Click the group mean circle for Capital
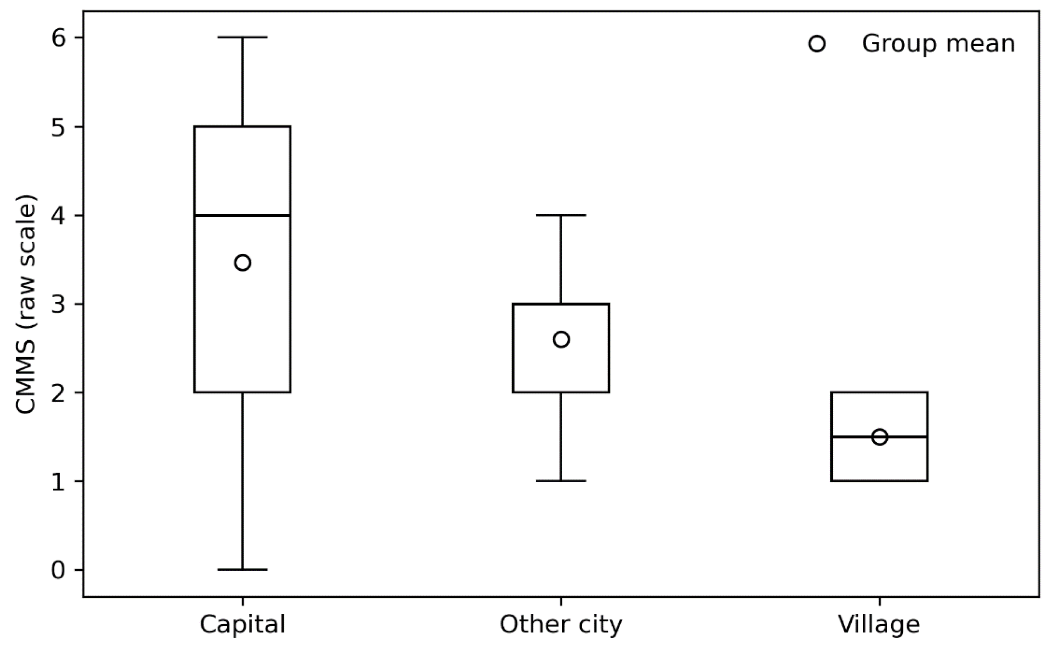[242, 263]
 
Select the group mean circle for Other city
[561, 340]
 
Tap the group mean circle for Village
[879, 437]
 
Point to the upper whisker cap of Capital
[242, 38]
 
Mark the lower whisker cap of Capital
[242, 569]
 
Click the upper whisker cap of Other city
[561, 215]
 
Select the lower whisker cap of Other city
[561, 481]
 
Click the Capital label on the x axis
[242, 625]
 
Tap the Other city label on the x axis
[561, 625]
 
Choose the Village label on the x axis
[879, 625]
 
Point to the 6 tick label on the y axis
[58, 38]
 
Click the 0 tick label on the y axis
[58, 571]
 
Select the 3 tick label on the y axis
[58, 305]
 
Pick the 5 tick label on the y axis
[58, 128]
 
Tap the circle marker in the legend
[817, 44]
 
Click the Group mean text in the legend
[938, 44]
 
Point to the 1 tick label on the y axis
[58, 482]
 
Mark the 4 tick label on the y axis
[58, 216]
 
